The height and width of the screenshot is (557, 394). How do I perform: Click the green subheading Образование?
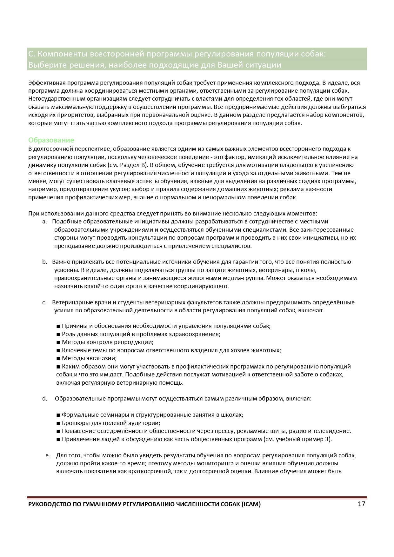[51, 140]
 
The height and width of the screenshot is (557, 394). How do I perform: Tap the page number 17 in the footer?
[361, 504]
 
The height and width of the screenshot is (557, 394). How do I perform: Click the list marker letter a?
[44, 222]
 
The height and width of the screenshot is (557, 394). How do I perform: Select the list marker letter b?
[44, 262]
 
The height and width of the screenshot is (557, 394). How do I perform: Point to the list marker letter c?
[44, 302]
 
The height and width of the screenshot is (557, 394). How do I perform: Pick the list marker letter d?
[44, 399]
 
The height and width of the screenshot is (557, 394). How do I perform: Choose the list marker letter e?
[48, 455]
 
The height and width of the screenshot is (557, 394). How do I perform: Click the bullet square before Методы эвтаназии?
[58, 359]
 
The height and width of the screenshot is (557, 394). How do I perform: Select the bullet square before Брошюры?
[58, 423]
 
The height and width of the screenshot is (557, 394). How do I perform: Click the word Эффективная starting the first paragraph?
[47, 83]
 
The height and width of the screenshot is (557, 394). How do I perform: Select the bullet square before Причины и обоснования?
[58, 326]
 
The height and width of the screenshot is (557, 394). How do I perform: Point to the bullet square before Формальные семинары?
[58, 415]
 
